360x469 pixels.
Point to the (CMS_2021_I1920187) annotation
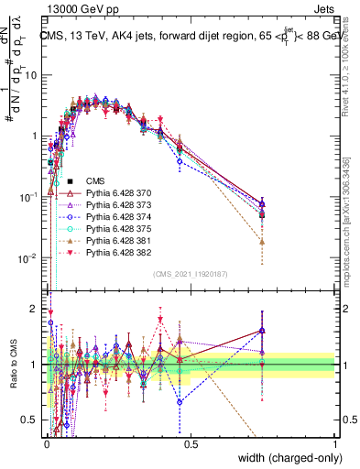point(190,273)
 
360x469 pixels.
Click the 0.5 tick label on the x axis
point(190,443)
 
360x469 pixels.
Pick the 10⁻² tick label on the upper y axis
point(29,257)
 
